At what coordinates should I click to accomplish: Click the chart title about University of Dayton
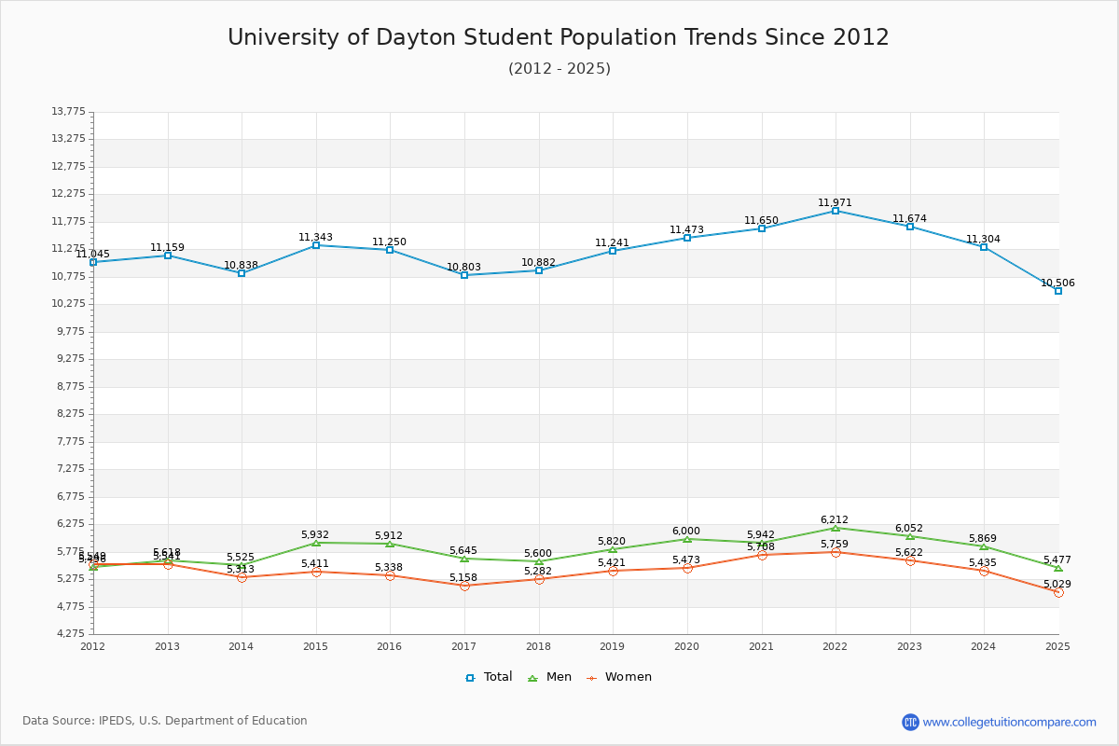tap(559, 37)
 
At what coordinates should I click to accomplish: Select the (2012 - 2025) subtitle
tap(559, 69)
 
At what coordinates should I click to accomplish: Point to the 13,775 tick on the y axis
tap(68, 112)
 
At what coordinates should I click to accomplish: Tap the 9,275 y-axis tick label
tap(68, 359)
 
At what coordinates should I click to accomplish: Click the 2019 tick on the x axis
tap(613, 646)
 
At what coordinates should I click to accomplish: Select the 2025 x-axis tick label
tap(1057, 646)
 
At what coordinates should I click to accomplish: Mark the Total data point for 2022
tap(836, 211)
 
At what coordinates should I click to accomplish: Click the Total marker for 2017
tap(464, 275)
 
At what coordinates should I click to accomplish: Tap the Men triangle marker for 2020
tap(687, 539)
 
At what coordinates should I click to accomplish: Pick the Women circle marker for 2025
tap(1058, 592)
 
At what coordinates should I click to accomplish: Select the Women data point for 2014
tap(242, 577)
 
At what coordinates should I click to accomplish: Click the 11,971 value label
tap(835, 202)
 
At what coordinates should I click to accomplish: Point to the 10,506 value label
tap(1057, 283)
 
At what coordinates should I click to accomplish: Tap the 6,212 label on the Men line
tap(835, 519)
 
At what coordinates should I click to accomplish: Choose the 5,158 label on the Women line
tap(463, 577)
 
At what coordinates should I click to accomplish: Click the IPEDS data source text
tap(165, 721)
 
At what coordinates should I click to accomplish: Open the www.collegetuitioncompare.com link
tap(1009, 722)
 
